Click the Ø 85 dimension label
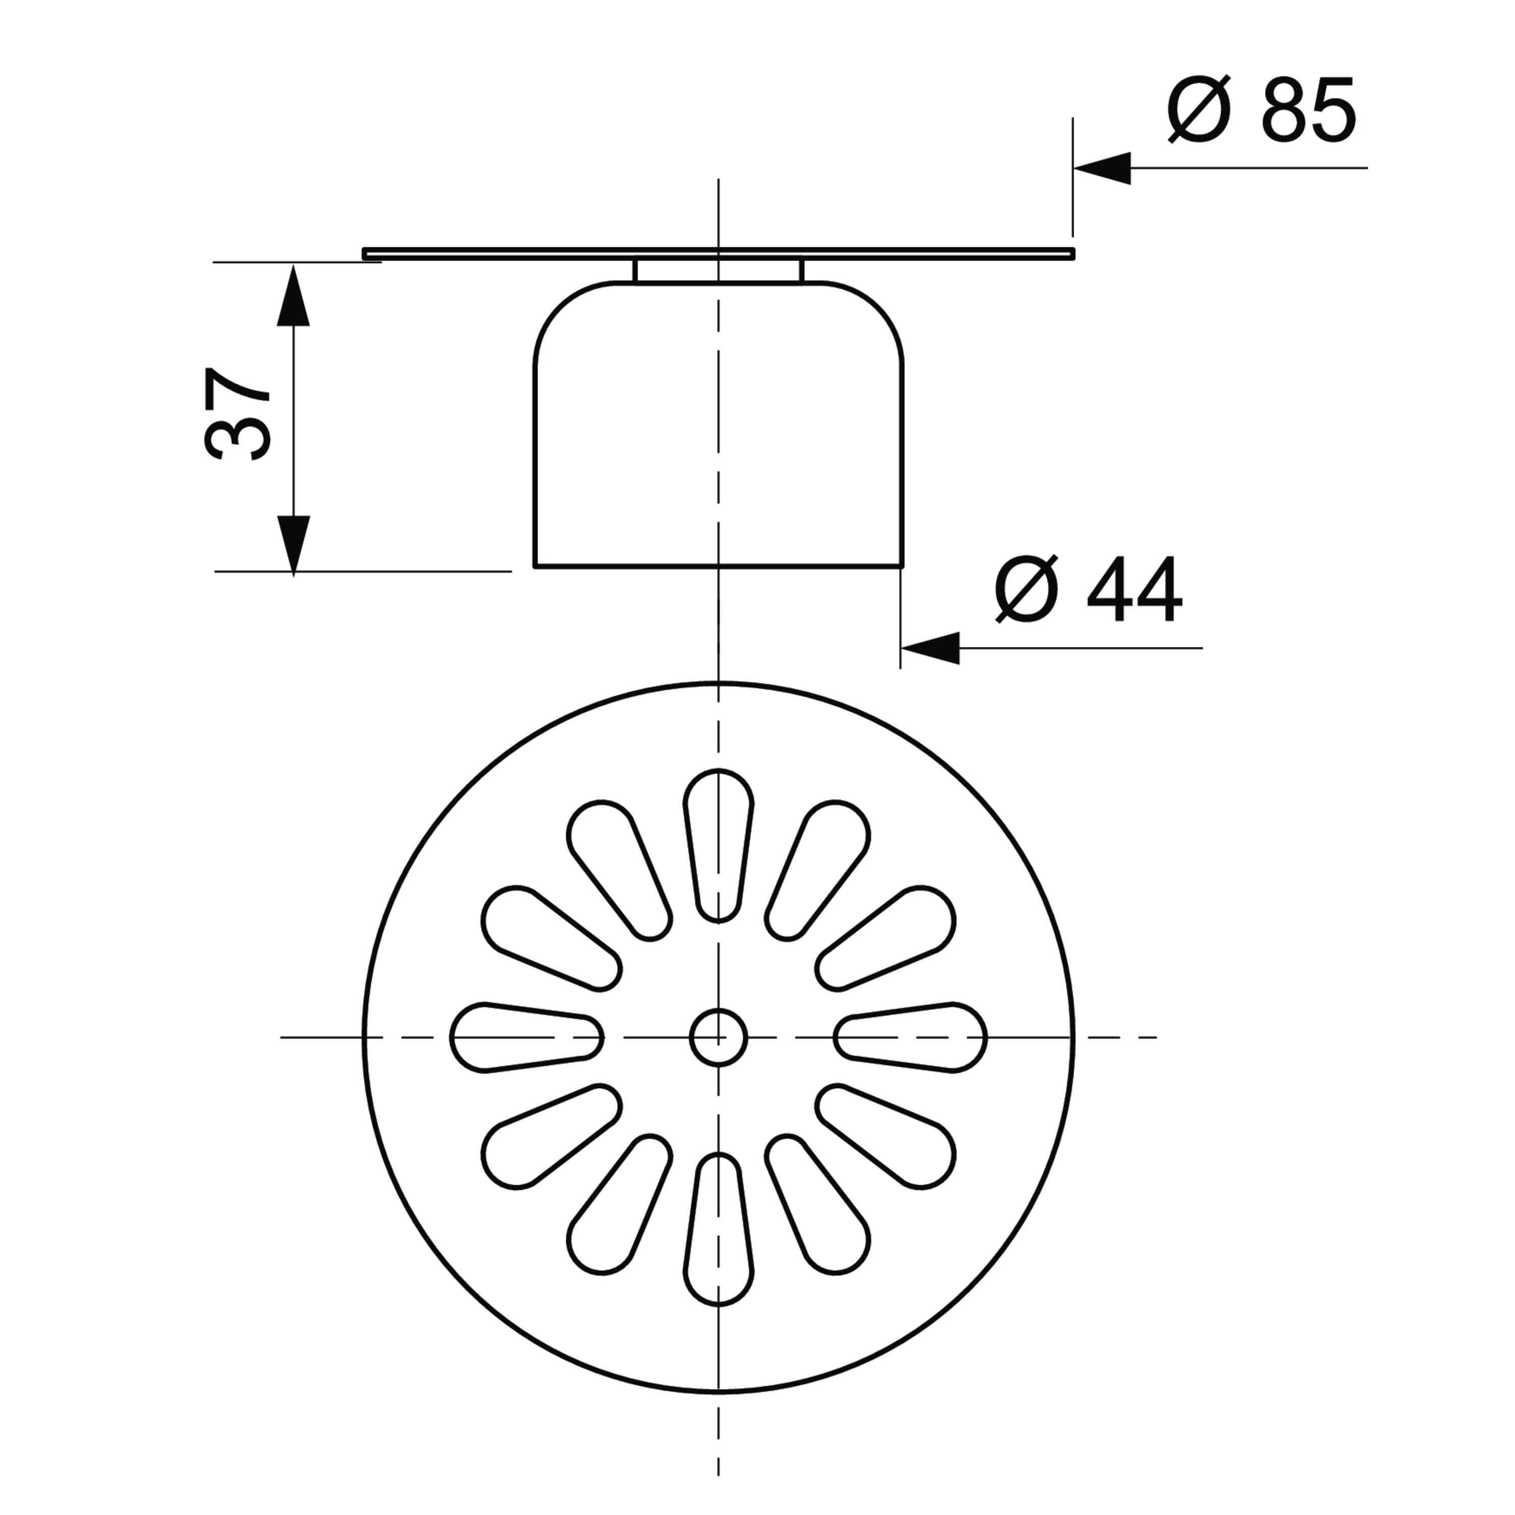(x=1261, y=110)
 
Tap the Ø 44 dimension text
(x=1088, y=590)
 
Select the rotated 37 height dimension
(x=237, y=413)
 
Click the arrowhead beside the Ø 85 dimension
(x=1102, y=168)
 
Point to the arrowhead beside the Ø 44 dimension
(x=930, y=648)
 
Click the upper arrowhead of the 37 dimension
(x=294, y=295)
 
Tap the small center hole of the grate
(x=718, y=1037)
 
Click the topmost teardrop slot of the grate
(x=718, y=845)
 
